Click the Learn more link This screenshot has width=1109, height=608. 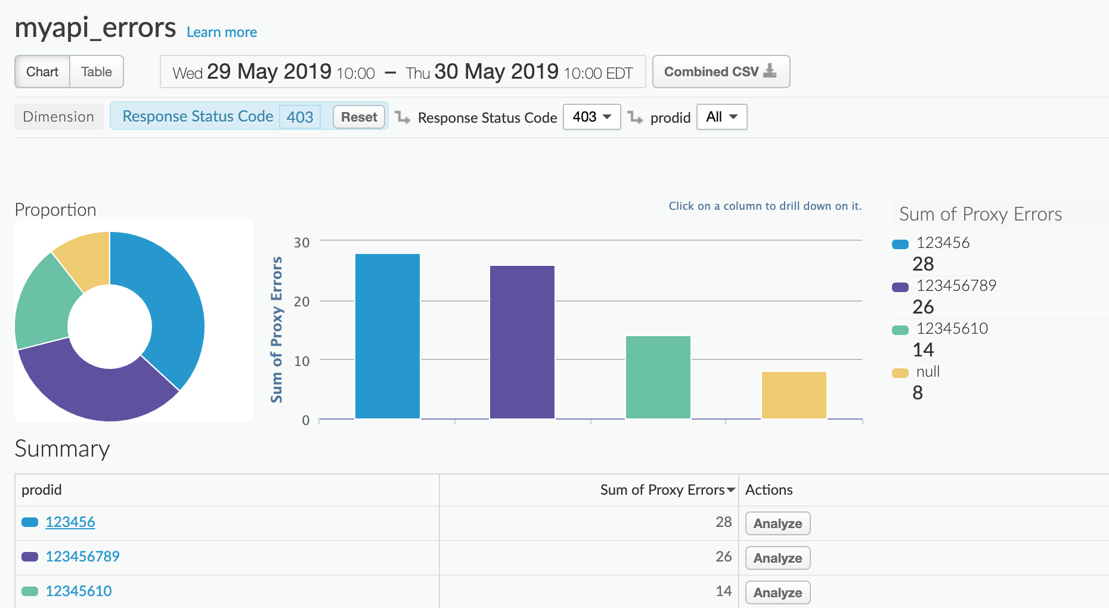pos(221,32)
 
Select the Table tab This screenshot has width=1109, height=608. pos(97,72)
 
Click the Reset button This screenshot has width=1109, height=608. pos(359,117)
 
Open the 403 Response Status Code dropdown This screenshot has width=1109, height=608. pos(591,117)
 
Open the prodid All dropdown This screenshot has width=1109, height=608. pos(721,117)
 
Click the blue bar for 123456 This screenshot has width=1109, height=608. pos(388,336)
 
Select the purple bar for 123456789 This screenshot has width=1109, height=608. pos(522,342)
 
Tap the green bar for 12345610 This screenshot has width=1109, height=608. pos(658,377)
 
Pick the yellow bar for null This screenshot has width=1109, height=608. pos(794,395)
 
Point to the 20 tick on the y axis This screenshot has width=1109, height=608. pos(302,302)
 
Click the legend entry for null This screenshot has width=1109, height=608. pos(928,372)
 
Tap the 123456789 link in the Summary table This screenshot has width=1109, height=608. pos(82,557)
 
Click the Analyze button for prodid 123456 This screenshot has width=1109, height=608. pos(777,523)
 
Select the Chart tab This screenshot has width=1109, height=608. pos(42,72)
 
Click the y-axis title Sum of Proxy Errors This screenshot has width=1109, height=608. pos(276,330)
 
